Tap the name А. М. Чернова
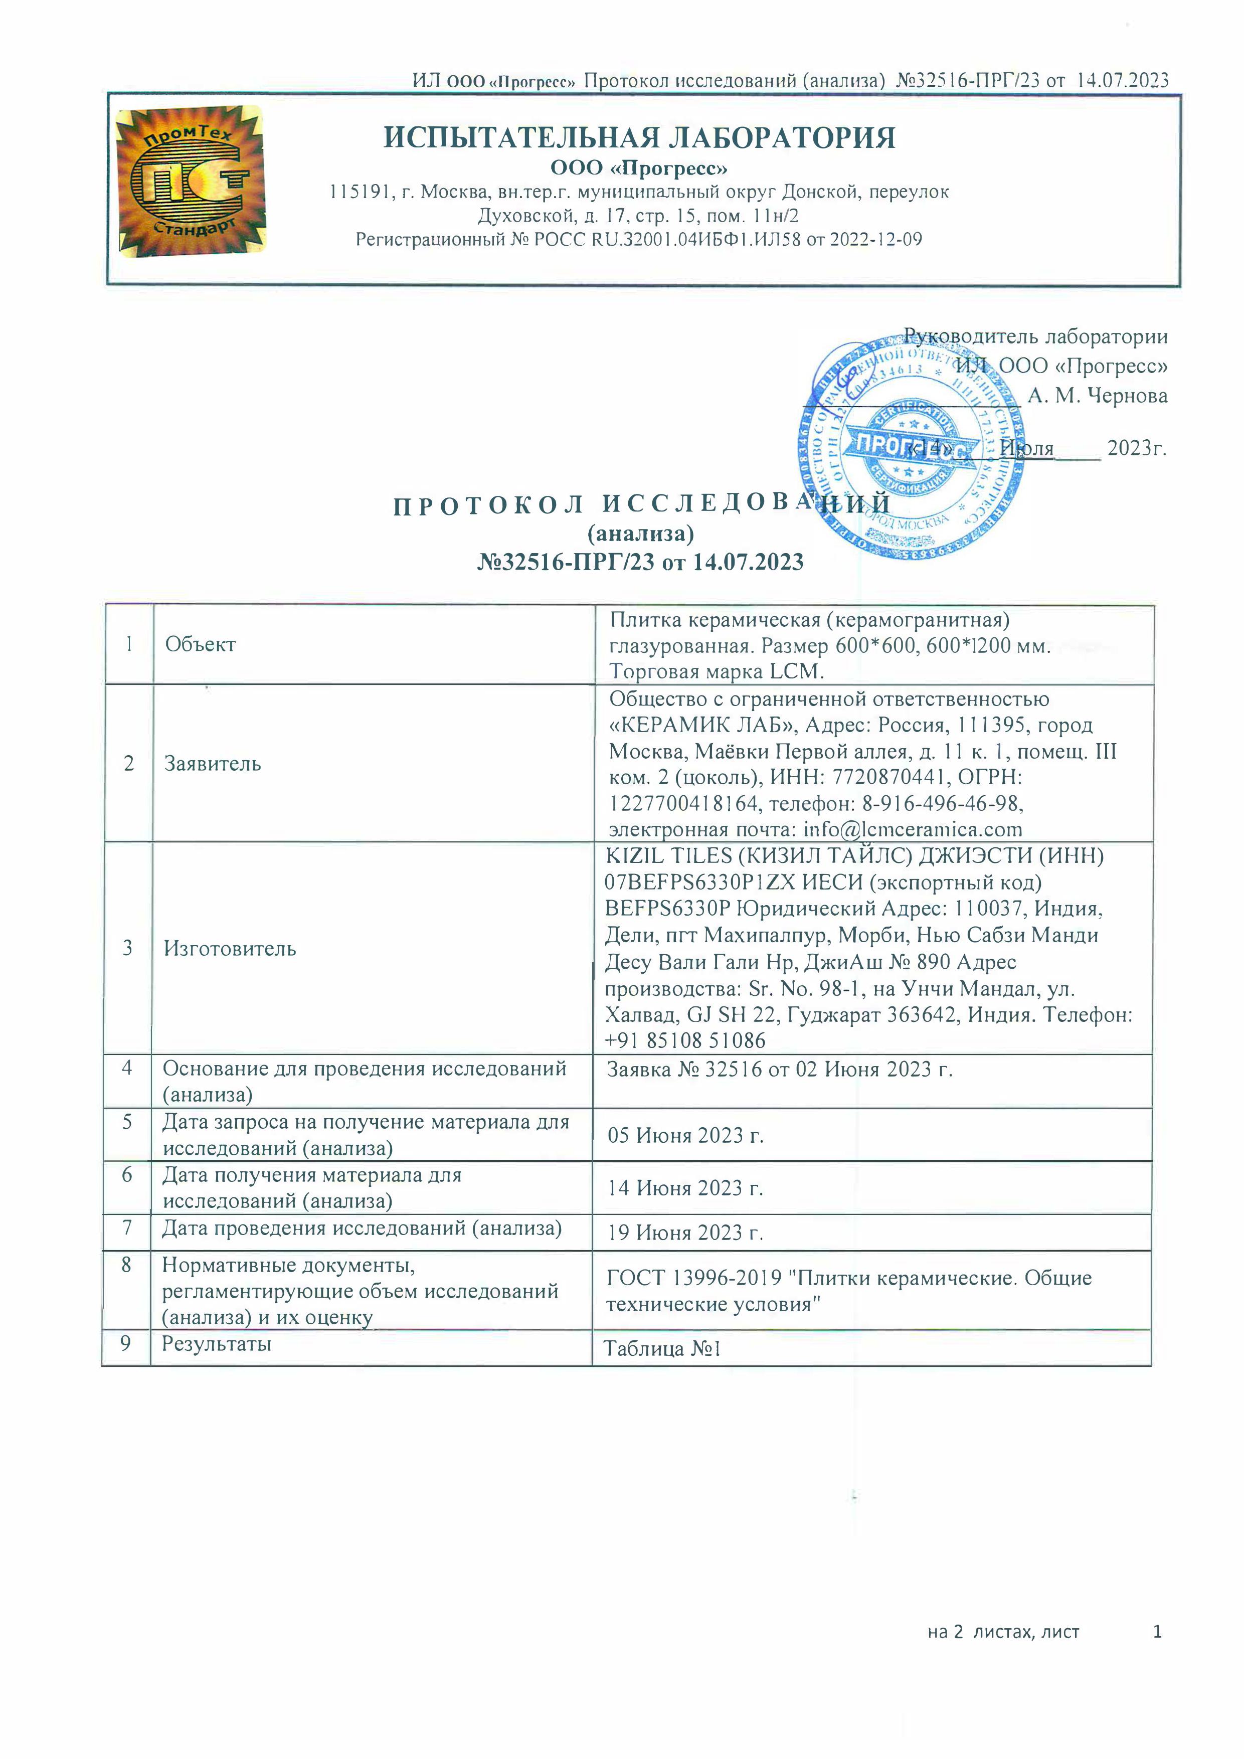[x=1097, y=396]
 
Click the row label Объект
[x=200, y=644]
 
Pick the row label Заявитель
[x=212, y=763]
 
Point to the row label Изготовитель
[x=229, y=949]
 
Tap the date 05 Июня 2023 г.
[x=685, y=1135]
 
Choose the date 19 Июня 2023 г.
[x=685, y=1233]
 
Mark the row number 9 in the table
[x=126, y=1344]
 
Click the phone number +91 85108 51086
[x=684, y=1040]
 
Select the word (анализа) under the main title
[x=640, y=533]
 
